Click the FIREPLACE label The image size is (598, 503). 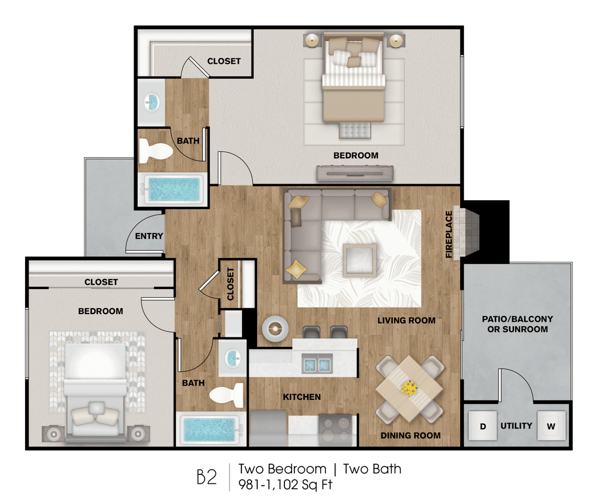[x=450, y=234]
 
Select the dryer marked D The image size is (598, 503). [x=484, y=427]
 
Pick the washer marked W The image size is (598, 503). [x=551, y=427]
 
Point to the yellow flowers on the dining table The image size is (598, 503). [x=409, y=389]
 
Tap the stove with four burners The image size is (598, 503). [x=336, y=431]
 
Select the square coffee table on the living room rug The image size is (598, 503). [x=360, y=260]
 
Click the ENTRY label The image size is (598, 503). [x=148, y=236]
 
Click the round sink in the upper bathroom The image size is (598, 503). [x=153, y=103]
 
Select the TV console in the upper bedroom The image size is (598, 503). [x=354, y=173]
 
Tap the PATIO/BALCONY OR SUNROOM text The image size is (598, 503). [x=517, y=324]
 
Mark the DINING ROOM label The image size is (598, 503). [x=411, y=436]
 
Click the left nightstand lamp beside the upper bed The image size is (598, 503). [x=312, y=41]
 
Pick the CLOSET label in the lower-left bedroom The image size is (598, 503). [x=101, y=282]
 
